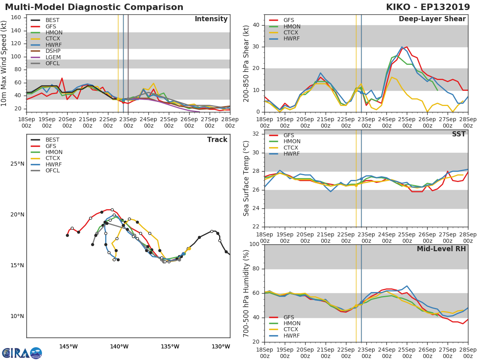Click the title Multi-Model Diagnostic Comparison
click(x=94, y=7)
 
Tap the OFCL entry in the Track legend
click(x=52, y=171)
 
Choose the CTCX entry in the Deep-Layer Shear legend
click(x=292, y=33)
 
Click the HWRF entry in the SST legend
click(x=292, y=154)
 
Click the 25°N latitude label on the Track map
click(x=17, y=164)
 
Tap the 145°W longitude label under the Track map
click(x=68, y=346)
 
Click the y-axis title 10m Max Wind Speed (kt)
click(x=5, y=63)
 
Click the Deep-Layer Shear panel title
click(x=432, y=19)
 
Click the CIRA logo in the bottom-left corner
click(x=22, y=353)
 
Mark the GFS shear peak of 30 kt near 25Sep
click(x=407, y=47)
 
